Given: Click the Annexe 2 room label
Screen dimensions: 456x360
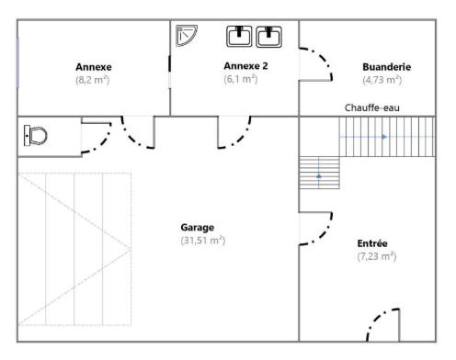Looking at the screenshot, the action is click(x=245, y=66).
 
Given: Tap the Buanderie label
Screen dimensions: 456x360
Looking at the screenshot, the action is click(x=387, y=67).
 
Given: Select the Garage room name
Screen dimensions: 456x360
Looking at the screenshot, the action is click(x=198, y=228).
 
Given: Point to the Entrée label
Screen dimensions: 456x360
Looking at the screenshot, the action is click(x=372, y=243).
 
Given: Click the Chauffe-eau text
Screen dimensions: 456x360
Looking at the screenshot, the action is click(x=372, y=107).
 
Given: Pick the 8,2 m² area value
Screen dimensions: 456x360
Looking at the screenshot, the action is click(x=93, y=80).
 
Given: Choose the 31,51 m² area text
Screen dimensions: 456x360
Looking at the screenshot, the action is click(x=203, y=241).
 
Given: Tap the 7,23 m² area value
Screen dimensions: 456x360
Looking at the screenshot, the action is click(x=377, y=256).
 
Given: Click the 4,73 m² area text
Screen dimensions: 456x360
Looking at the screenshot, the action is click(x=382, y=80).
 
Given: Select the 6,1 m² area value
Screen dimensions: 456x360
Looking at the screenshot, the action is click(x=241, y=79).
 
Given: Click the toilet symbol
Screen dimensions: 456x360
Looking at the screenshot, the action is click(x=36, y=135).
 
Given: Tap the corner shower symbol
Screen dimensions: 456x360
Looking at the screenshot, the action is click(x=186, y=35).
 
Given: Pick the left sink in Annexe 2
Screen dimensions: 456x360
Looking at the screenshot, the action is click(x=239, y=37).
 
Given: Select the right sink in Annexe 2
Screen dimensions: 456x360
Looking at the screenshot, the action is click(x=268, y=37).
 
